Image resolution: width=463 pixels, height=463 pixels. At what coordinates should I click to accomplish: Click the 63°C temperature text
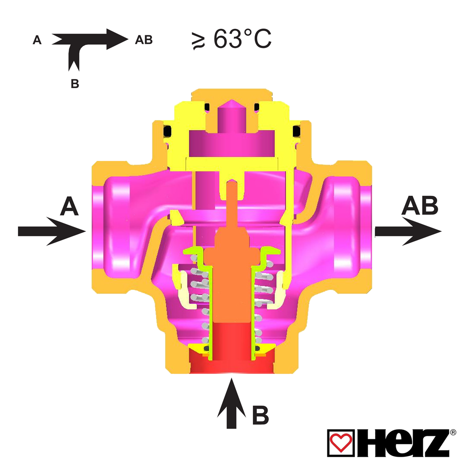[242, 38]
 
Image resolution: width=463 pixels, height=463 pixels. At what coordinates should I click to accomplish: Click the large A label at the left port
[69, 206]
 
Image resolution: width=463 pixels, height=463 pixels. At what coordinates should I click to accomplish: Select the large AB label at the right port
[420, 205]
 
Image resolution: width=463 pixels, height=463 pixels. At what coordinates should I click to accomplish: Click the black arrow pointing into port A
[52, 231]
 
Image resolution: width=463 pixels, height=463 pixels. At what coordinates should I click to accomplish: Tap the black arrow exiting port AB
[408, 231]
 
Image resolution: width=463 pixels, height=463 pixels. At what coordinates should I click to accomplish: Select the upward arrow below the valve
[231, 403]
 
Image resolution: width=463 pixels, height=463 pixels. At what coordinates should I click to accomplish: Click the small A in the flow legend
[37, 40]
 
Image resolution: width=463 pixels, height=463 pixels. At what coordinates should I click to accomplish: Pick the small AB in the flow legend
[144, 40]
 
